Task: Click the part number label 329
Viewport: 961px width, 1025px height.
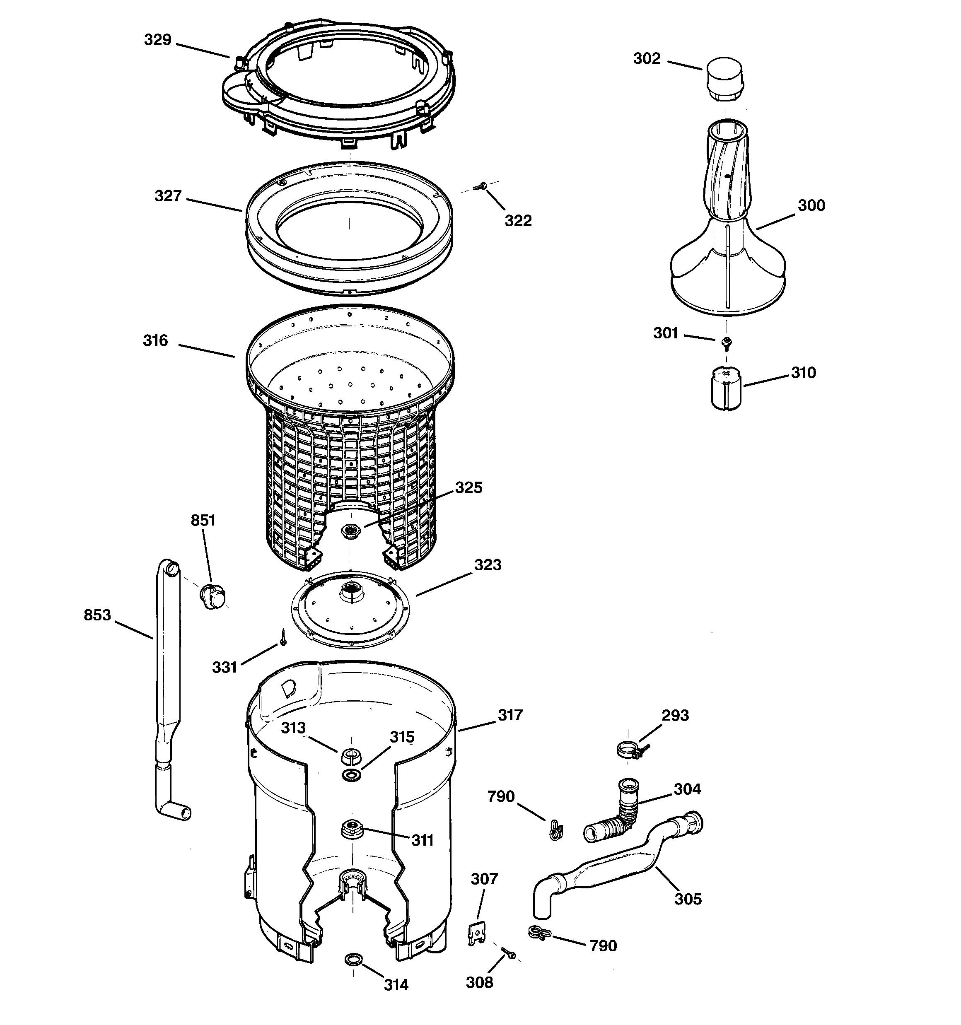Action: tap(157, 40)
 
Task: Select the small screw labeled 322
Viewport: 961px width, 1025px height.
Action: tap(483, 185)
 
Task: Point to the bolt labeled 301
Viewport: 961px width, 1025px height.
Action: tap(727, 341)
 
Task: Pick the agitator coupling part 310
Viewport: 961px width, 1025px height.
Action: tap(726, 388)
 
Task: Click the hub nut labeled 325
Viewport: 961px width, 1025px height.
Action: tap(353, 530)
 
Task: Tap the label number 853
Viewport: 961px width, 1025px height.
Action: tap(97, 615)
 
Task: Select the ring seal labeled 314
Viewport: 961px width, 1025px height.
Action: tap(353, 959)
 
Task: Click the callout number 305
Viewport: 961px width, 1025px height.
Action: tap(688, 899)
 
